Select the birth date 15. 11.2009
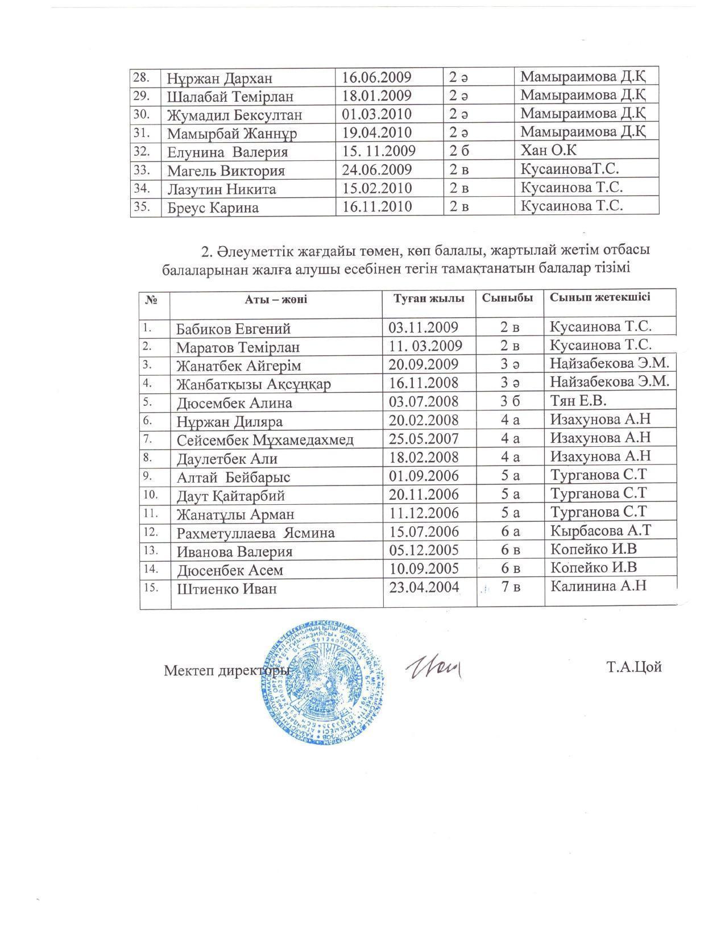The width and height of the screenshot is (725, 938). click(x=379, y=152)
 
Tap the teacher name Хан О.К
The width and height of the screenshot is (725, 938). click(x=549, y=151)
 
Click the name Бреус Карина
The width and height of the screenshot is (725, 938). click(x=213, y=207)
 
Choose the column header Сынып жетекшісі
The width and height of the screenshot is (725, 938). click(x=599, y=297)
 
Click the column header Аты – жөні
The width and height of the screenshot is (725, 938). click(x=276, y=299)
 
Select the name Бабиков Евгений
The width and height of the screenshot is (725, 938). click(x=233, y=329)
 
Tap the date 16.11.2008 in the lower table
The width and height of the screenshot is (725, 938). click(x=424, y=383)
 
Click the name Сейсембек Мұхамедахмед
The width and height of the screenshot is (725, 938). click(x=265, y=440)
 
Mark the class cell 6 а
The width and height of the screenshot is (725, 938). click(x=510, y=531)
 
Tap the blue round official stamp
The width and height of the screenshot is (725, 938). click(x=324, y=682)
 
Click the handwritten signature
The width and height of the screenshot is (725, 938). click(x=433, y=667)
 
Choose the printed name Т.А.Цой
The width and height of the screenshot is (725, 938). click(x=634, y=667)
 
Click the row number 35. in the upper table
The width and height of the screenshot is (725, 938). click(x=141, y=206)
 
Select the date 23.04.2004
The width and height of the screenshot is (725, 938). click(x=424, y=587)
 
